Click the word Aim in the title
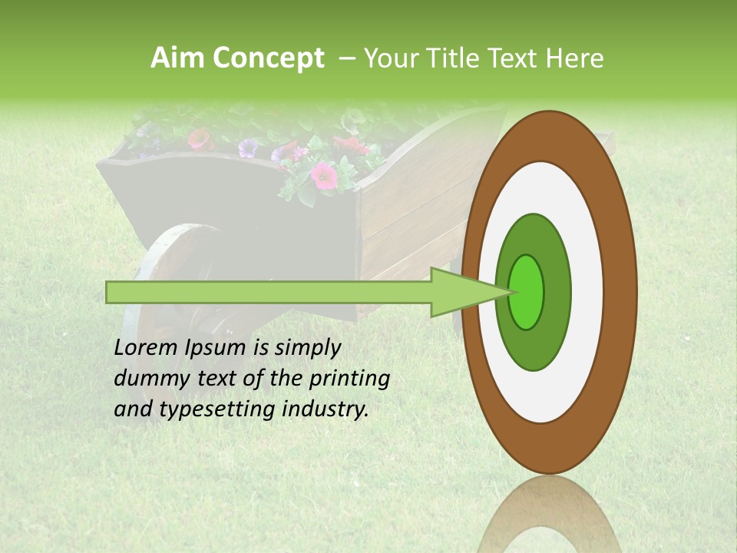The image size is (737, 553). point(177,58)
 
